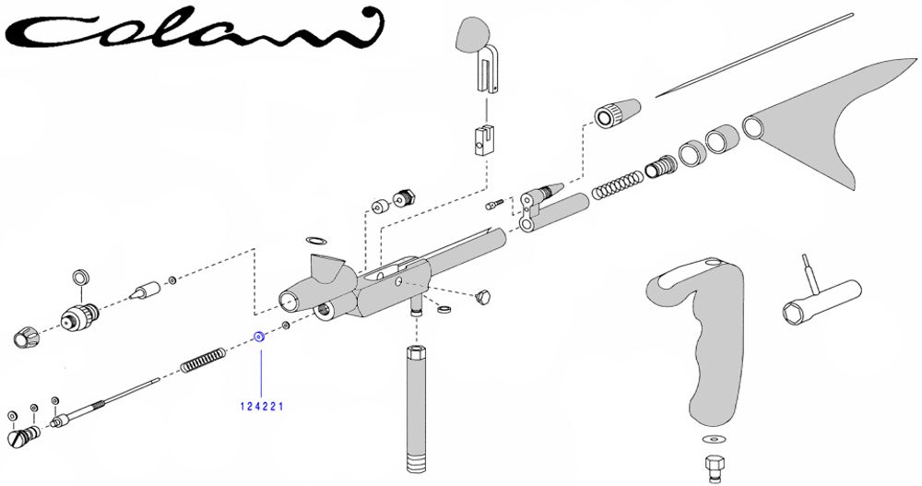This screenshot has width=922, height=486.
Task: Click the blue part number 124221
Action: [x=261, y=407]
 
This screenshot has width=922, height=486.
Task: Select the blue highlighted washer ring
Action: [x=258, y=338]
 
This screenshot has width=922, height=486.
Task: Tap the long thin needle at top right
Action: [x=754, y=54]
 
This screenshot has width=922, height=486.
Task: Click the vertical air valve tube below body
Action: [x=416, y=408]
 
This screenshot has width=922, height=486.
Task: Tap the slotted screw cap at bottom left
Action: [x=24, y=436]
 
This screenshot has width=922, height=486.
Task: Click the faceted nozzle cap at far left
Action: [x=26, y=336]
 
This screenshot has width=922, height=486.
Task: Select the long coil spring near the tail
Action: [x=617, y=184]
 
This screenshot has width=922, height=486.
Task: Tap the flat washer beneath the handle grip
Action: [x=714, y=439]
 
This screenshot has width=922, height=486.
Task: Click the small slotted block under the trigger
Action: [x=483, y=141]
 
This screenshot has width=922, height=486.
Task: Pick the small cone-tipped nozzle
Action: [x=146, y=290]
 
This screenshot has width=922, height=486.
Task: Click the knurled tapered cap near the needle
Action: [x=617, y=112]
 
